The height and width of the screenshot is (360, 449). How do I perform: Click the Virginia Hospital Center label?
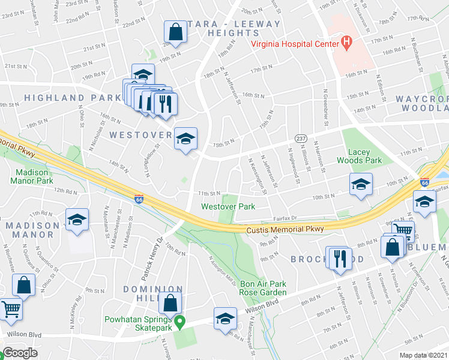tap(294, 43)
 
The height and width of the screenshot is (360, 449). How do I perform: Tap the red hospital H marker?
tap(346, 41)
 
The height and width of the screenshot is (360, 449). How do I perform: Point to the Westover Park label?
tap(228, 206)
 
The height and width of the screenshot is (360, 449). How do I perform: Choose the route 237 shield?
tap(301, 139)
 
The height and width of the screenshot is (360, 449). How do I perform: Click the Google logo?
tap(19, 353)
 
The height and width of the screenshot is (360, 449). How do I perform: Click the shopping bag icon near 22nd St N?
tap(176, 32)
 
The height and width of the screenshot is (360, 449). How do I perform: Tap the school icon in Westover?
tap(185, 139)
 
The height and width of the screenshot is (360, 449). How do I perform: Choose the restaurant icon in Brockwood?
tap(340, 259)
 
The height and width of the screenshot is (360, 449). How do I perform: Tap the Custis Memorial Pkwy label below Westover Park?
tap(285, 229)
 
